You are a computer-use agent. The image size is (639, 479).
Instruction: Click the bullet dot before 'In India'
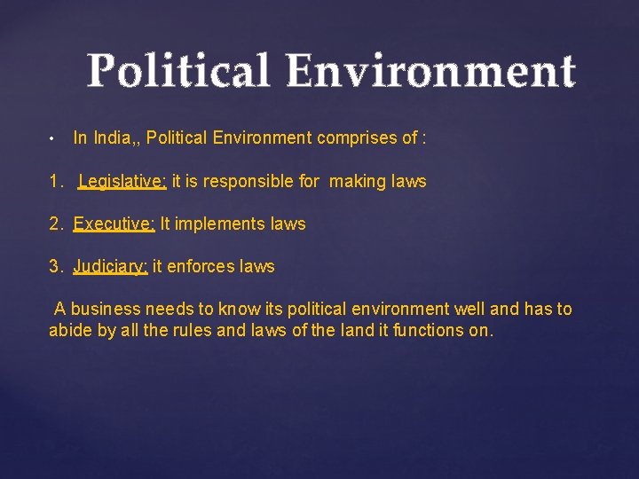53,139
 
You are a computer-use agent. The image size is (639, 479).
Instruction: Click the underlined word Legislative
122,182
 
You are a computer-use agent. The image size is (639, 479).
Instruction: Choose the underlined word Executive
114,224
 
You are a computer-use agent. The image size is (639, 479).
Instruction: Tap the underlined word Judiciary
110,267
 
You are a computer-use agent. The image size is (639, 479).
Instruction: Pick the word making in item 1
358,182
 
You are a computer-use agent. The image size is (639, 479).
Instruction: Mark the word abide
69,331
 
